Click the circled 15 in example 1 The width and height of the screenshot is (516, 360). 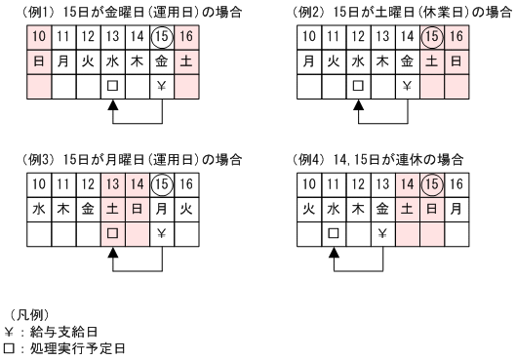(163, 36)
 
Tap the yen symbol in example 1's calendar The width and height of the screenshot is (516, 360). (163, 85)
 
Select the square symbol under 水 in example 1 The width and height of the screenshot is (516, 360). (113, 85)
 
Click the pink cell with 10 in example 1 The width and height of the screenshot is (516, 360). (39, 36)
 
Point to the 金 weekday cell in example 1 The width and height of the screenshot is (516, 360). (163, 60)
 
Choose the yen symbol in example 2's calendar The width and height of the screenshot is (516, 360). (407, 85)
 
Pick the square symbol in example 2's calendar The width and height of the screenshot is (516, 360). (357, 85)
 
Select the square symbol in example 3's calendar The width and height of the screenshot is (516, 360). (113, 234)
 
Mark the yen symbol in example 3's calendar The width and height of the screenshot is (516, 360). (163, 234)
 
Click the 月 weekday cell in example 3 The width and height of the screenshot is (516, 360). (163, 210)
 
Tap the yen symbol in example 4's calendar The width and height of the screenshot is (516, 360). (382, 234)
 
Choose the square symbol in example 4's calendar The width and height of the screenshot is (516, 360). (333, 234)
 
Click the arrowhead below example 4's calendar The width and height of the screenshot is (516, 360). (333, 253)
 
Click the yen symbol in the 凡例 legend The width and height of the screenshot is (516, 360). (10, 332)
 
